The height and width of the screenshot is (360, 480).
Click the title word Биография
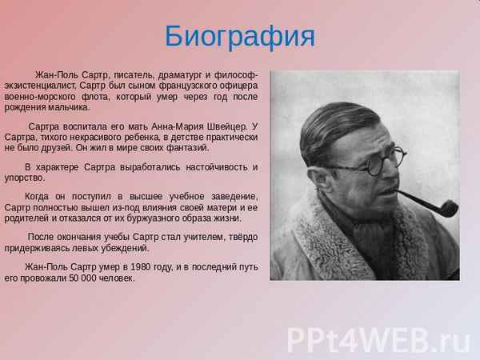pos(240,36)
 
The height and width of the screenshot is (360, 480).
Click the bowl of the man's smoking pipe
pos(445,208)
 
